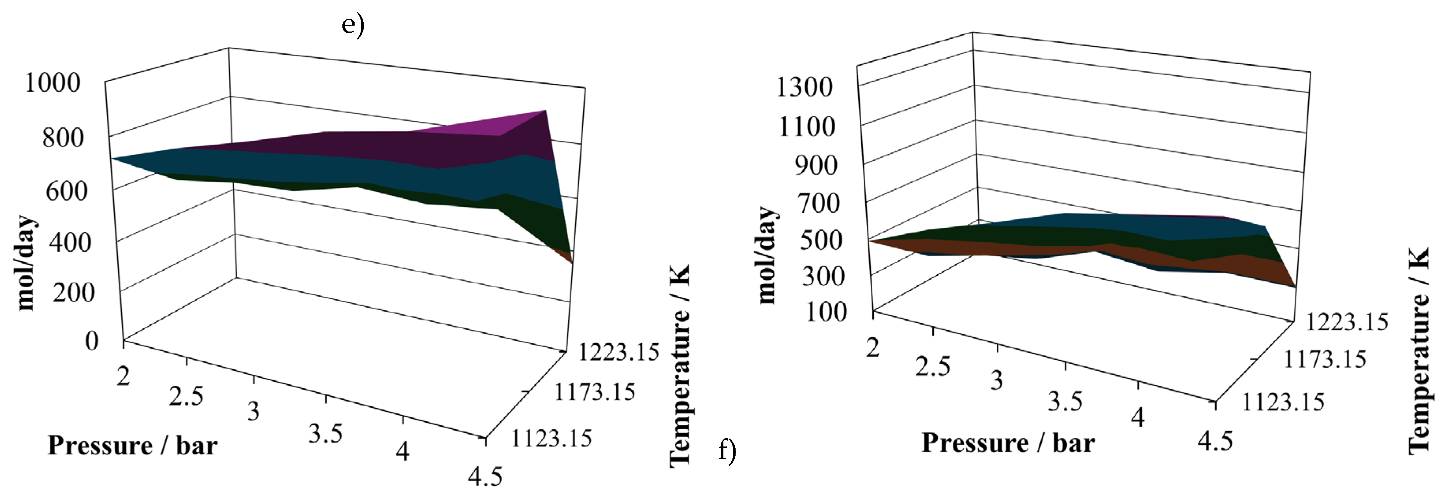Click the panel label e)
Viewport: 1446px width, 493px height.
click(x=353, y=25)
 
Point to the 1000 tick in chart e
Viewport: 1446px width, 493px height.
click(x=53, y=83)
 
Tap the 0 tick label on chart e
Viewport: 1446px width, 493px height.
click(x=91, y=340)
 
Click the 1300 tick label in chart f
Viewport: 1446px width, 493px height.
click(x=804, y=87)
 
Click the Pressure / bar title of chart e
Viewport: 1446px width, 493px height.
click(x=132, y=446)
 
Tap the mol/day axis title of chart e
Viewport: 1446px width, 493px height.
click(x=26, y=263)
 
